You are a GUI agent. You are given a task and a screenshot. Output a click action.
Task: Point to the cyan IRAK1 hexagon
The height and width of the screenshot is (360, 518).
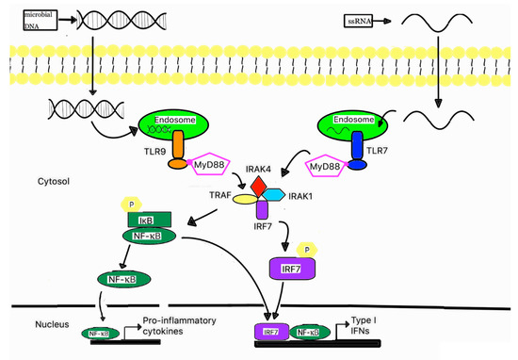click(x=275, y=195)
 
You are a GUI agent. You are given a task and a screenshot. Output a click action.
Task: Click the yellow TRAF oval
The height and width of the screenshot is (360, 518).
click(x=240, y=200)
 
